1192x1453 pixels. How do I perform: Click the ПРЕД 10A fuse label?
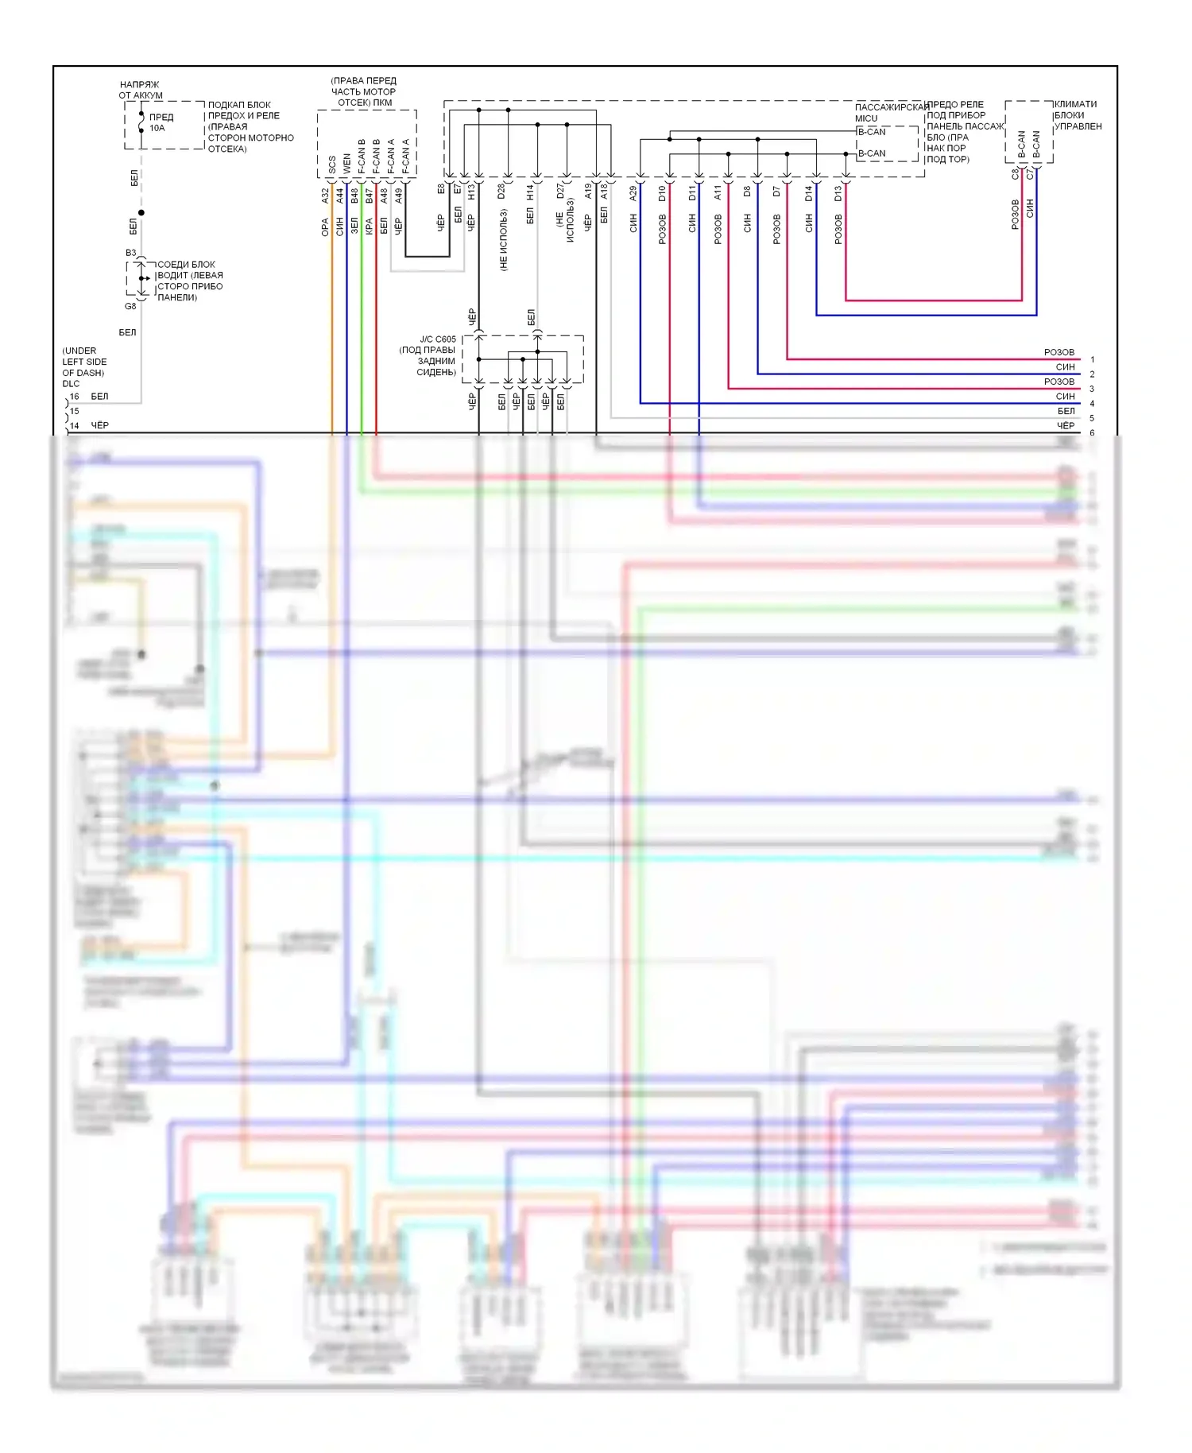[161, 122]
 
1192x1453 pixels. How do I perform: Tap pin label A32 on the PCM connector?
[325, 196]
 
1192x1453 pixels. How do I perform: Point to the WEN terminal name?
[346, 164]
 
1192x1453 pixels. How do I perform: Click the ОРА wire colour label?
[325, 227]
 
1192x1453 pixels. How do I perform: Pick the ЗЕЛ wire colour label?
[354, 226]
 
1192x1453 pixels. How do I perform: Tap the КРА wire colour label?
[369, 226]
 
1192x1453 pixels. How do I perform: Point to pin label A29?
[633, 192]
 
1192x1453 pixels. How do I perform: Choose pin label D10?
[662, 192]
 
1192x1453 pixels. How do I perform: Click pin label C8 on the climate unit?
[1016, 173]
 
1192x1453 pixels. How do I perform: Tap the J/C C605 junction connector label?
[438, 339]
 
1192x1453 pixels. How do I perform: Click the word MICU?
[866, 118]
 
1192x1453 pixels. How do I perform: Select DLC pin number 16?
[75, 396]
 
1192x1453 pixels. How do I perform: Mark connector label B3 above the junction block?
[131, 253]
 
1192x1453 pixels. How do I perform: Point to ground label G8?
[130, 306]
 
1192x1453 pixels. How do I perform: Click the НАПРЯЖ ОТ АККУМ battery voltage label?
[140, 90]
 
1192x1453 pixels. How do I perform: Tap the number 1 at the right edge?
[1092, 359]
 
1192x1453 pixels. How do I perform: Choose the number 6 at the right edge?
[1092, 433]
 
